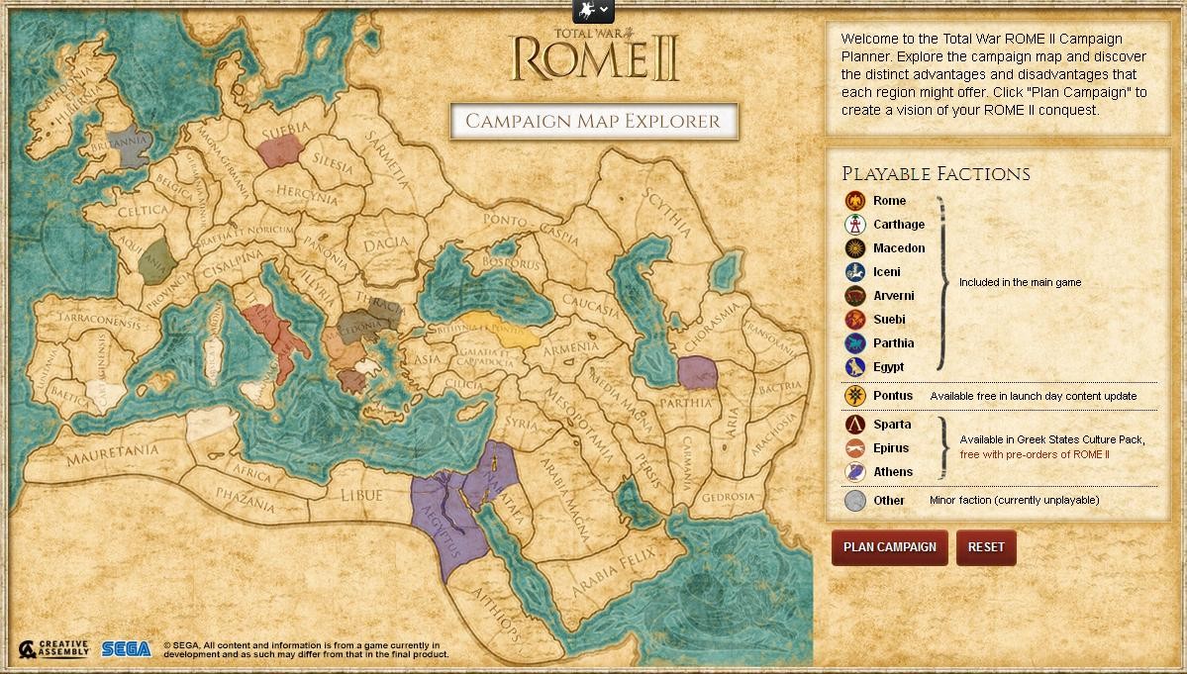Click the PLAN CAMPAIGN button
pos(889,547)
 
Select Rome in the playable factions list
pos(888,201)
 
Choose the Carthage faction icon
pos(855,225)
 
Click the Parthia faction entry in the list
pos(892,343)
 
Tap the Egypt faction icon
pos(855,367)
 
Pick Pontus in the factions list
pos(892,396)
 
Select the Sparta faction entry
pos(891,425)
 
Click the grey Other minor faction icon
pos(855,501)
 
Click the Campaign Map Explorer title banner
pos(593,122)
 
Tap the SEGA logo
pos(126,649)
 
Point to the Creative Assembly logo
pos(54,649)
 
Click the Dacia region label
pos(385,243)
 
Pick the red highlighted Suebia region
pos(280,150)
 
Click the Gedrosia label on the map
pos(728,497)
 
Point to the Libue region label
pos(360,495)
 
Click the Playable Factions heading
pos(936,174)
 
